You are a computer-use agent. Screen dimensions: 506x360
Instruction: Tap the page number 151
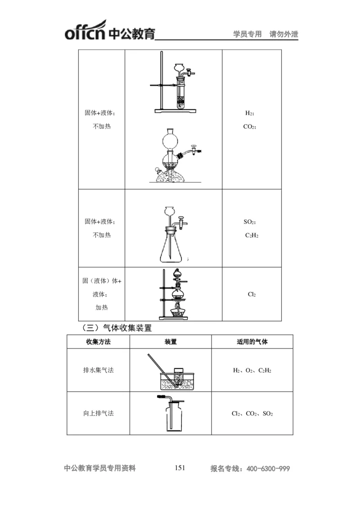click(180, 468)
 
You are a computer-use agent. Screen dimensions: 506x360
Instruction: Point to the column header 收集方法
click(98, 342)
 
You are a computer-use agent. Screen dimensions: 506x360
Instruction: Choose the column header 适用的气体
click(252, 342)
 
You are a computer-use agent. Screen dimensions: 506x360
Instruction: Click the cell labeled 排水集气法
click(98, 370)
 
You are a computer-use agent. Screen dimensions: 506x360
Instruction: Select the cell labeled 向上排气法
click(98, 413)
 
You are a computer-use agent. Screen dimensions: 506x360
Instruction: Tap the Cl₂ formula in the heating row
click(252, 294)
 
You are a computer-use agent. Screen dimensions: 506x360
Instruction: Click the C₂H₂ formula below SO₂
click(252, 235)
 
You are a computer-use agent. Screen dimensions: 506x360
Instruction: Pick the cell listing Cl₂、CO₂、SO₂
click(252, 413)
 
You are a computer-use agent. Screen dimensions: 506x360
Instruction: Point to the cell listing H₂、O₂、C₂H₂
click(252, 370)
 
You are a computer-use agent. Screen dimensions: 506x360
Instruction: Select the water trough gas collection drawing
click(175, 377)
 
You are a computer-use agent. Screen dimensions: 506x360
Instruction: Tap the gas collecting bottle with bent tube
click(173, 416)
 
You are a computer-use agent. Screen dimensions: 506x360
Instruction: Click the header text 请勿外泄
click(284, 34)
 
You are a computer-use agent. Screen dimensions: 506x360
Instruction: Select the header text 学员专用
click(247, 34)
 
